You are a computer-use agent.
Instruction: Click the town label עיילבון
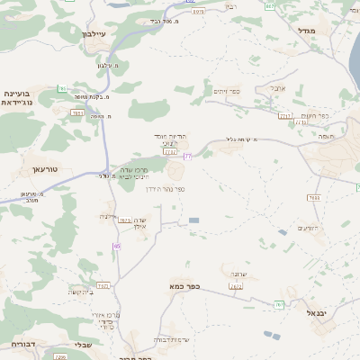coord(94,33)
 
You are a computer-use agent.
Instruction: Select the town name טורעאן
coord(44,168)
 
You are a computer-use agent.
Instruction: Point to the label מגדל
coord(307,30)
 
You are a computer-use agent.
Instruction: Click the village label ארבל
coord(277,88)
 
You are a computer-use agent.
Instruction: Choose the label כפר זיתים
coord(226,91)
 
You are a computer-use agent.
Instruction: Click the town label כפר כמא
coord(184,286)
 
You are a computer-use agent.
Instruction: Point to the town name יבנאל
coord(319,312)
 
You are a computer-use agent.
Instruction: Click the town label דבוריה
coord(22,344)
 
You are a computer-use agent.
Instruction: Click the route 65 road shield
coord(117,247)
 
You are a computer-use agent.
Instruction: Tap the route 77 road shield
coord(187,157)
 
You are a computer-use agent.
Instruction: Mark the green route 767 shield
coord(279,305)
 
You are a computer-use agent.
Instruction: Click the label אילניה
coord(107,217)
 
